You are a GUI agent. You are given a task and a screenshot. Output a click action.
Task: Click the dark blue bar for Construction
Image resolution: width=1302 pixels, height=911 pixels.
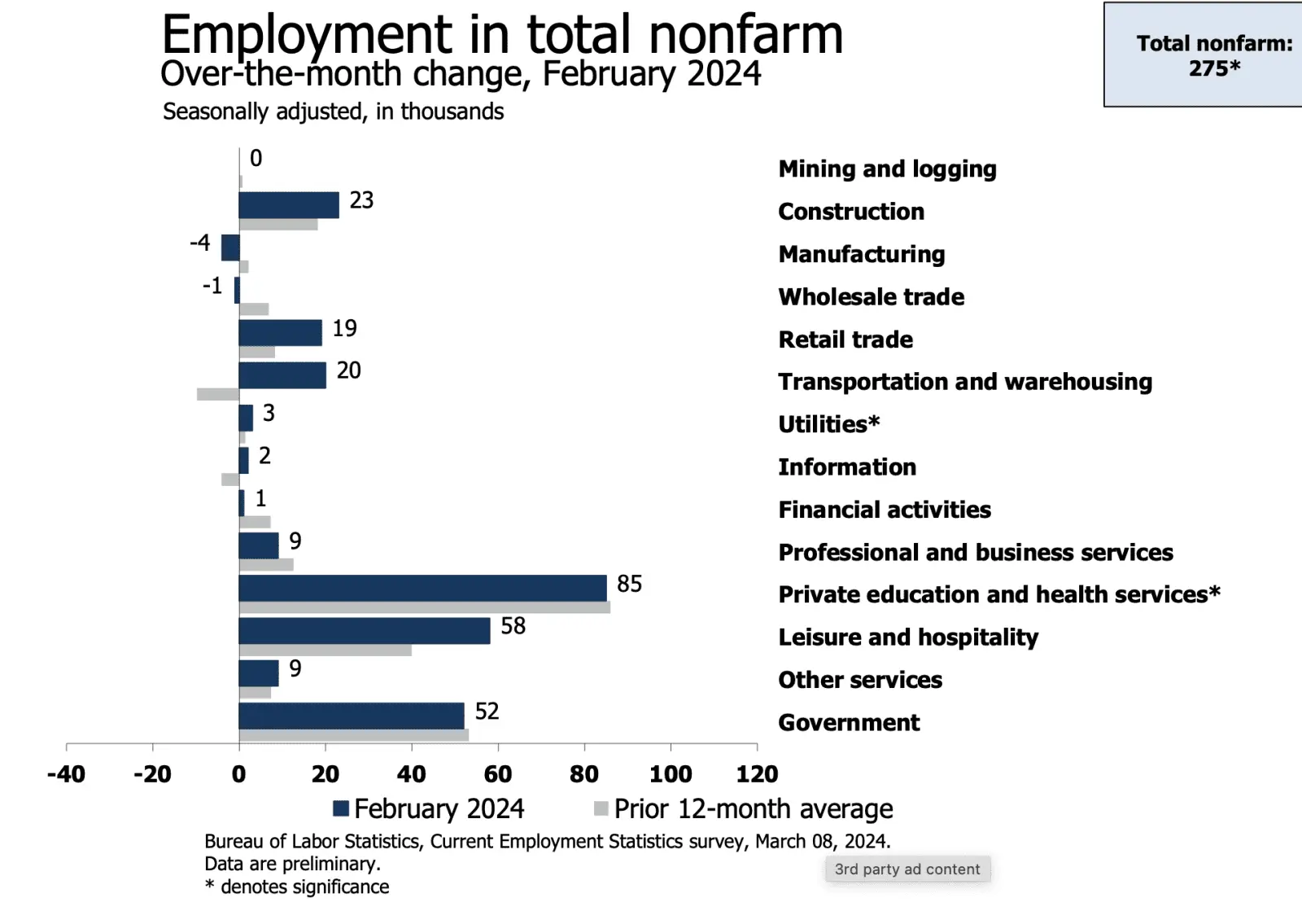coord(289,205)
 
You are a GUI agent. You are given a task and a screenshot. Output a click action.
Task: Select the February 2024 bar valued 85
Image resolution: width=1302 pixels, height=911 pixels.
coord(422,588)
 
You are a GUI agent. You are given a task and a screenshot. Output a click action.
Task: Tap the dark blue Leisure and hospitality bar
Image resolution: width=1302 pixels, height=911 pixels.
coord(365,631)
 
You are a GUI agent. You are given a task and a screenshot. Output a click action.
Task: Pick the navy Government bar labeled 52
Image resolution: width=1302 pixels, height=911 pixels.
coord(352,716)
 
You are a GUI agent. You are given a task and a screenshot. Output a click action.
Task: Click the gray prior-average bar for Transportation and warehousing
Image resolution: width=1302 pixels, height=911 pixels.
coord(218,394)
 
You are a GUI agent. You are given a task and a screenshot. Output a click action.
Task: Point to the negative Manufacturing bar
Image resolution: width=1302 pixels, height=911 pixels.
coord(231,247)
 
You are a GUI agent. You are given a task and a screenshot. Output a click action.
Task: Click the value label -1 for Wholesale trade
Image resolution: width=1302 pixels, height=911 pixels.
coord(212,286)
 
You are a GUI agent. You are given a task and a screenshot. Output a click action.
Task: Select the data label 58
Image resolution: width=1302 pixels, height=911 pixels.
coord(513,626)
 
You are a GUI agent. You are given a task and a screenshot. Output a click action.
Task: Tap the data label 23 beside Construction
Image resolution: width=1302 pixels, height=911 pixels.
coord(361,200)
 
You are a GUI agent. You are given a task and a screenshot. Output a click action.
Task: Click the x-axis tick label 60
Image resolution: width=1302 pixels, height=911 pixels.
coord(498,773)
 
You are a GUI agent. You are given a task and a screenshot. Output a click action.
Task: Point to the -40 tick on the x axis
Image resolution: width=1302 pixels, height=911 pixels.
coord(66,773)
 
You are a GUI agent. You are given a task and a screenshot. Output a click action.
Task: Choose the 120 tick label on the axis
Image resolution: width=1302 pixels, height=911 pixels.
coord(757,773)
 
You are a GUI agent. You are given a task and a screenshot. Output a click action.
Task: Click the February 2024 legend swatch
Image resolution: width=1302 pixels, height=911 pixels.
coord(341,808)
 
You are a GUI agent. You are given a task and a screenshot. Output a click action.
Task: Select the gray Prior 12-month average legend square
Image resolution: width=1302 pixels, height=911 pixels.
coord(601,808)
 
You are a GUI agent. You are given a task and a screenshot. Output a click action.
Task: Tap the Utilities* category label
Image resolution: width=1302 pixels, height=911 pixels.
coord(828,424)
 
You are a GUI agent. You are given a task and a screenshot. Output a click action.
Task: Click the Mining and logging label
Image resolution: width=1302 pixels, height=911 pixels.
coord(887,169)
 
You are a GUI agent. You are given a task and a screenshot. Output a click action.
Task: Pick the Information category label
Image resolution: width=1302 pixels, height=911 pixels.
coord(847,467)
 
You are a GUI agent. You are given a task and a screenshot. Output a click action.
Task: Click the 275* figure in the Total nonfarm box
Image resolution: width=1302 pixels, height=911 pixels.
coord(1214,68)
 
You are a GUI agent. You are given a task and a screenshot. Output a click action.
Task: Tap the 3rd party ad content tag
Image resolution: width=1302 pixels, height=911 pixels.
coord(907,869)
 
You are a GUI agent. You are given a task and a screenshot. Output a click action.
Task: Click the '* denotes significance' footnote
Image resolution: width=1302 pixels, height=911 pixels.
coord(297,887)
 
